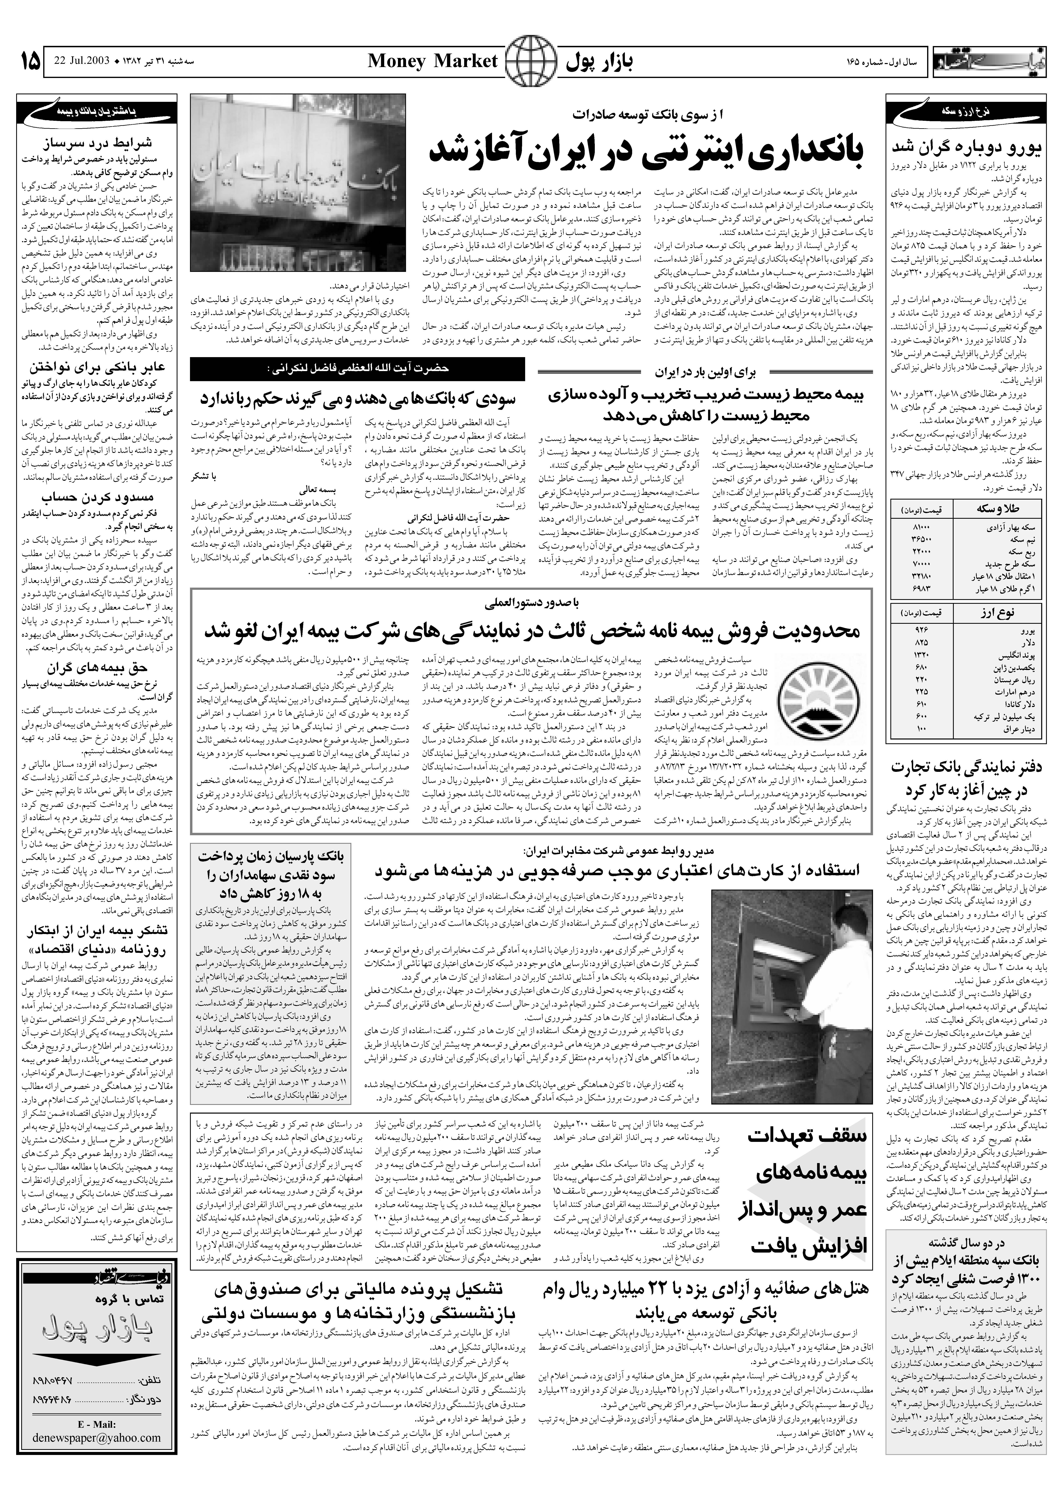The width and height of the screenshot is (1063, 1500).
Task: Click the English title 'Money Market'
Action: tap(432, 61)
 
